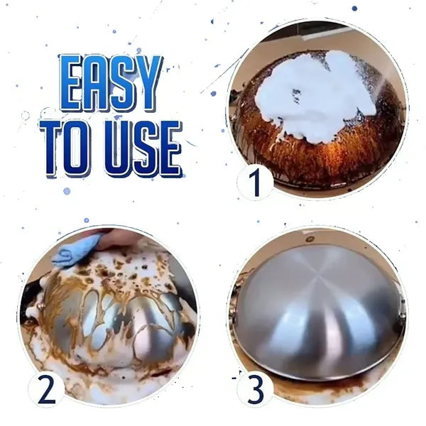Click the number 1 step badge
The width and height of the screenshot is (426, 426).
pyautogui.click(x=255, y=183)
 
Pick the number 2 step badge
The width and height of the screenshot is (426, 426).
pyautogui.click(x=46, y=389)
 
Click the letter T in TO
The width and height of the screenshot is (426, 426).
pyautogui.click(x=53, y=148)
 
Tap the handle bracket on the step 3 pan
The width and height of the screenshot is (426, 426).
pyautogui.click(x=401, y=305)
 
